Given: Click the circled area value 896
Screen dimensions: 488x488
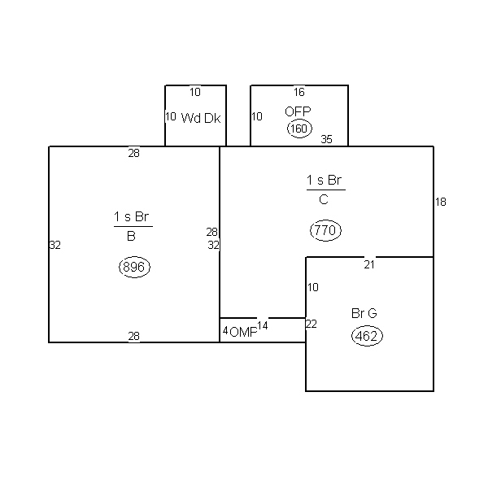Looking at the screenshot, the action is point(134,267).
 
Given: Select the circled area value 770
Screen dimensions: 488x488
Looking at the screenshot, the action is point(325,230).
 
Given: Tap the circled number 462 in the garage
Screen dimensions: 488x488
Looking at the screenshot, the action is point(367,336).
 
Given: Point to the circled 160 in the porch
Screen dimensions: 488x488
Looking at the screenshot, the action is point(299,129).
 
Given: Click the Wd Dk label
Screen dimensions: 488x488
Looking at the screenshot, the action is point(201,118).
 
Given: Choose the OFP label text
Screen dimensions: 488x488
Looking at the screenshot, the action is point(298,111).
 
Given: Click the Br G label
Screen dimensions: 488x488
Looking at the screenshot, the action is point(364,313).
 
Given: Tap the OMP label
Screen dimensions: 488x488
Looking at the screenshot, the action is point(243,333).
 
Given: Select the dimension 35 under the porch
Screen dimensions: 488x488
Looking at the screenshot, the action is point(326,139).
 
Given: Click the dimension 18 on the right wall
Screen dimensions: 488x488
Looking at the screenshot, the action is point(440,202).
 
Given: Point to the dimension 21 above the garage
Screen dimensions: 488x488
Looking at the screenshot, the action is point(369,265).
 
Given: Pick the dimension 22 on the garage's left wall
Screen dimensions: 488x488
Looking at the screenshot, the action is point(311,324).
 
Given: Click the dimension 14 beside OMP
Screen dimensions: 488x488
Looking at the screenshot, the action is point(263,325).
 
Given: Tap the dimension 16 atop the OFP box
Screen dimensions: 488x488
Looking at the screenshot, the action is point(299,92).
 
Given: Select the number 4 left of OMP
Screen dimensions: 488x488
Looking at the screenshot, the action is point(225,331).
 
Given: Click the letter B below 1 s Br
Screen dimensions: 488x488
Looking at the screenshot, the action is point(131,236).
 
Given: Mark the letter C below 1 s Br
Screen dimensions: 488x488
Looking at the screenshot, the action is point(324,199).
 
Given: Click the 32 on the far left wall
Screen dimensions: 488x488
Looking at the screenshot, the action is point(55,246).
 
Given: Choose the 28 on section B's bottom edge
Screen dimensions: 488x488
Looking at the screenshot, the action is point(134,336).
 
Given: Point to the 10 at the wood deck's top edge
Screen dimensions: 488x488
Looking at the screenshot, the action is point(195,92).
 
